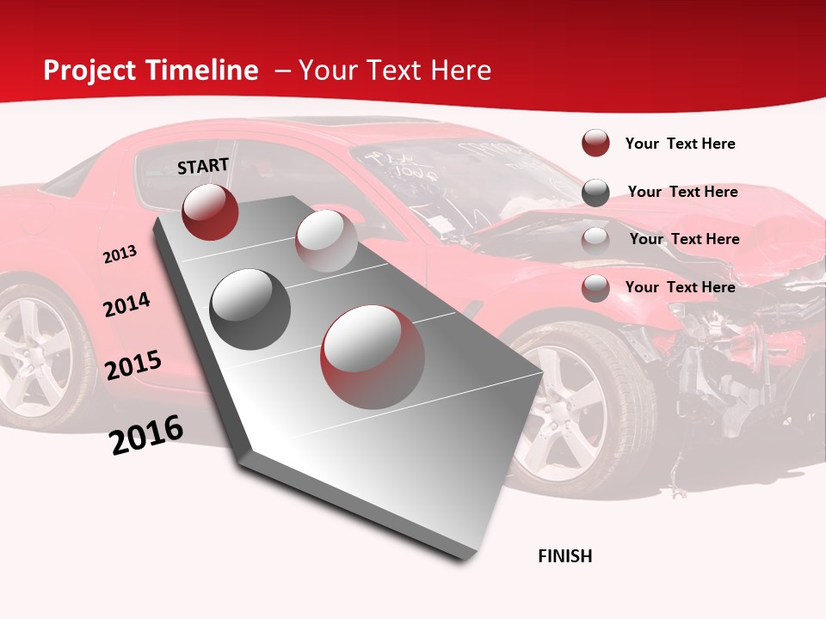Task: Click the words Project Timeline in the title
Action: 151,70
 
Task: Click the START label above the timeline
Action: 203,166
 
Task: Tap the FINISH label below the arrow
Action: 565,556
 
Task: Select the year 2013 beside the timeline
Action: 120,254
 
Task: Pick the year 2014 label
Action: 126,304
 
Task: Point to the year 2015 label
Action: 133,365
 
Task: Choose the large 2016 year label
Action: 146,435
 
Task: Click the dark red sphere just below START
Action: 210,211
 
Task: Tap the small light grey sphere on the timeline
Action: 326,241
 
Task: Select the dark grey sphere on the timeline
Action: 250,309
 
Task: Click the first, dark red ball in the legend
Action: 595,144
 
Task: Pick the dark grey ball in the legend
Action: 595,193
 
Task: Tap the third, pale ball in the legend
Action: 595,240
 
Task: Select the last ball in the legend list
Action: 595,288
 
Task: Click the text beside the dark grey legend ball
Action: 682,192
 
